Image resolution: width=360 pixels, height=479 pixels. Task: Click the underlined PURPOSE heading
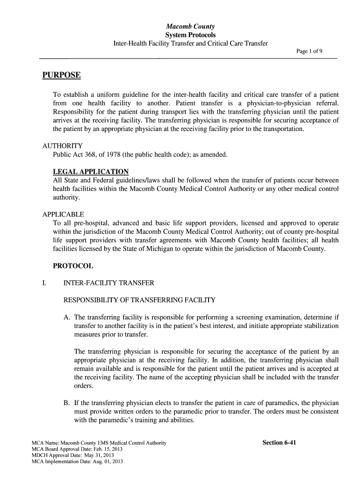click(x=61, y=75)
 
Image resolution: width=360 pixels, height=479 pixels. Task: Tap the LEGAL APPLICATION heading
click(x=91, y=171)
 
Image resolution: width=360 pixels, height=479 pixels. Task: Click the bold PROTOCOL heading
click(x=73, y=266)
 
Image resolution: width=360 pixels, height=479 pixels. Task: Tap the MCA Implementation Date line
click(x=77, y=462)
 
